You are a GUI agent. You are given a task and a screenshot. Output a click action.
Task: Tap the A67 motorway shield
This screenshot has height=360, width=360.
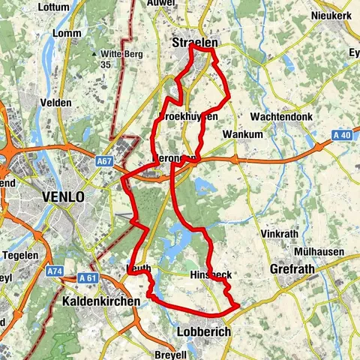104,160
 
